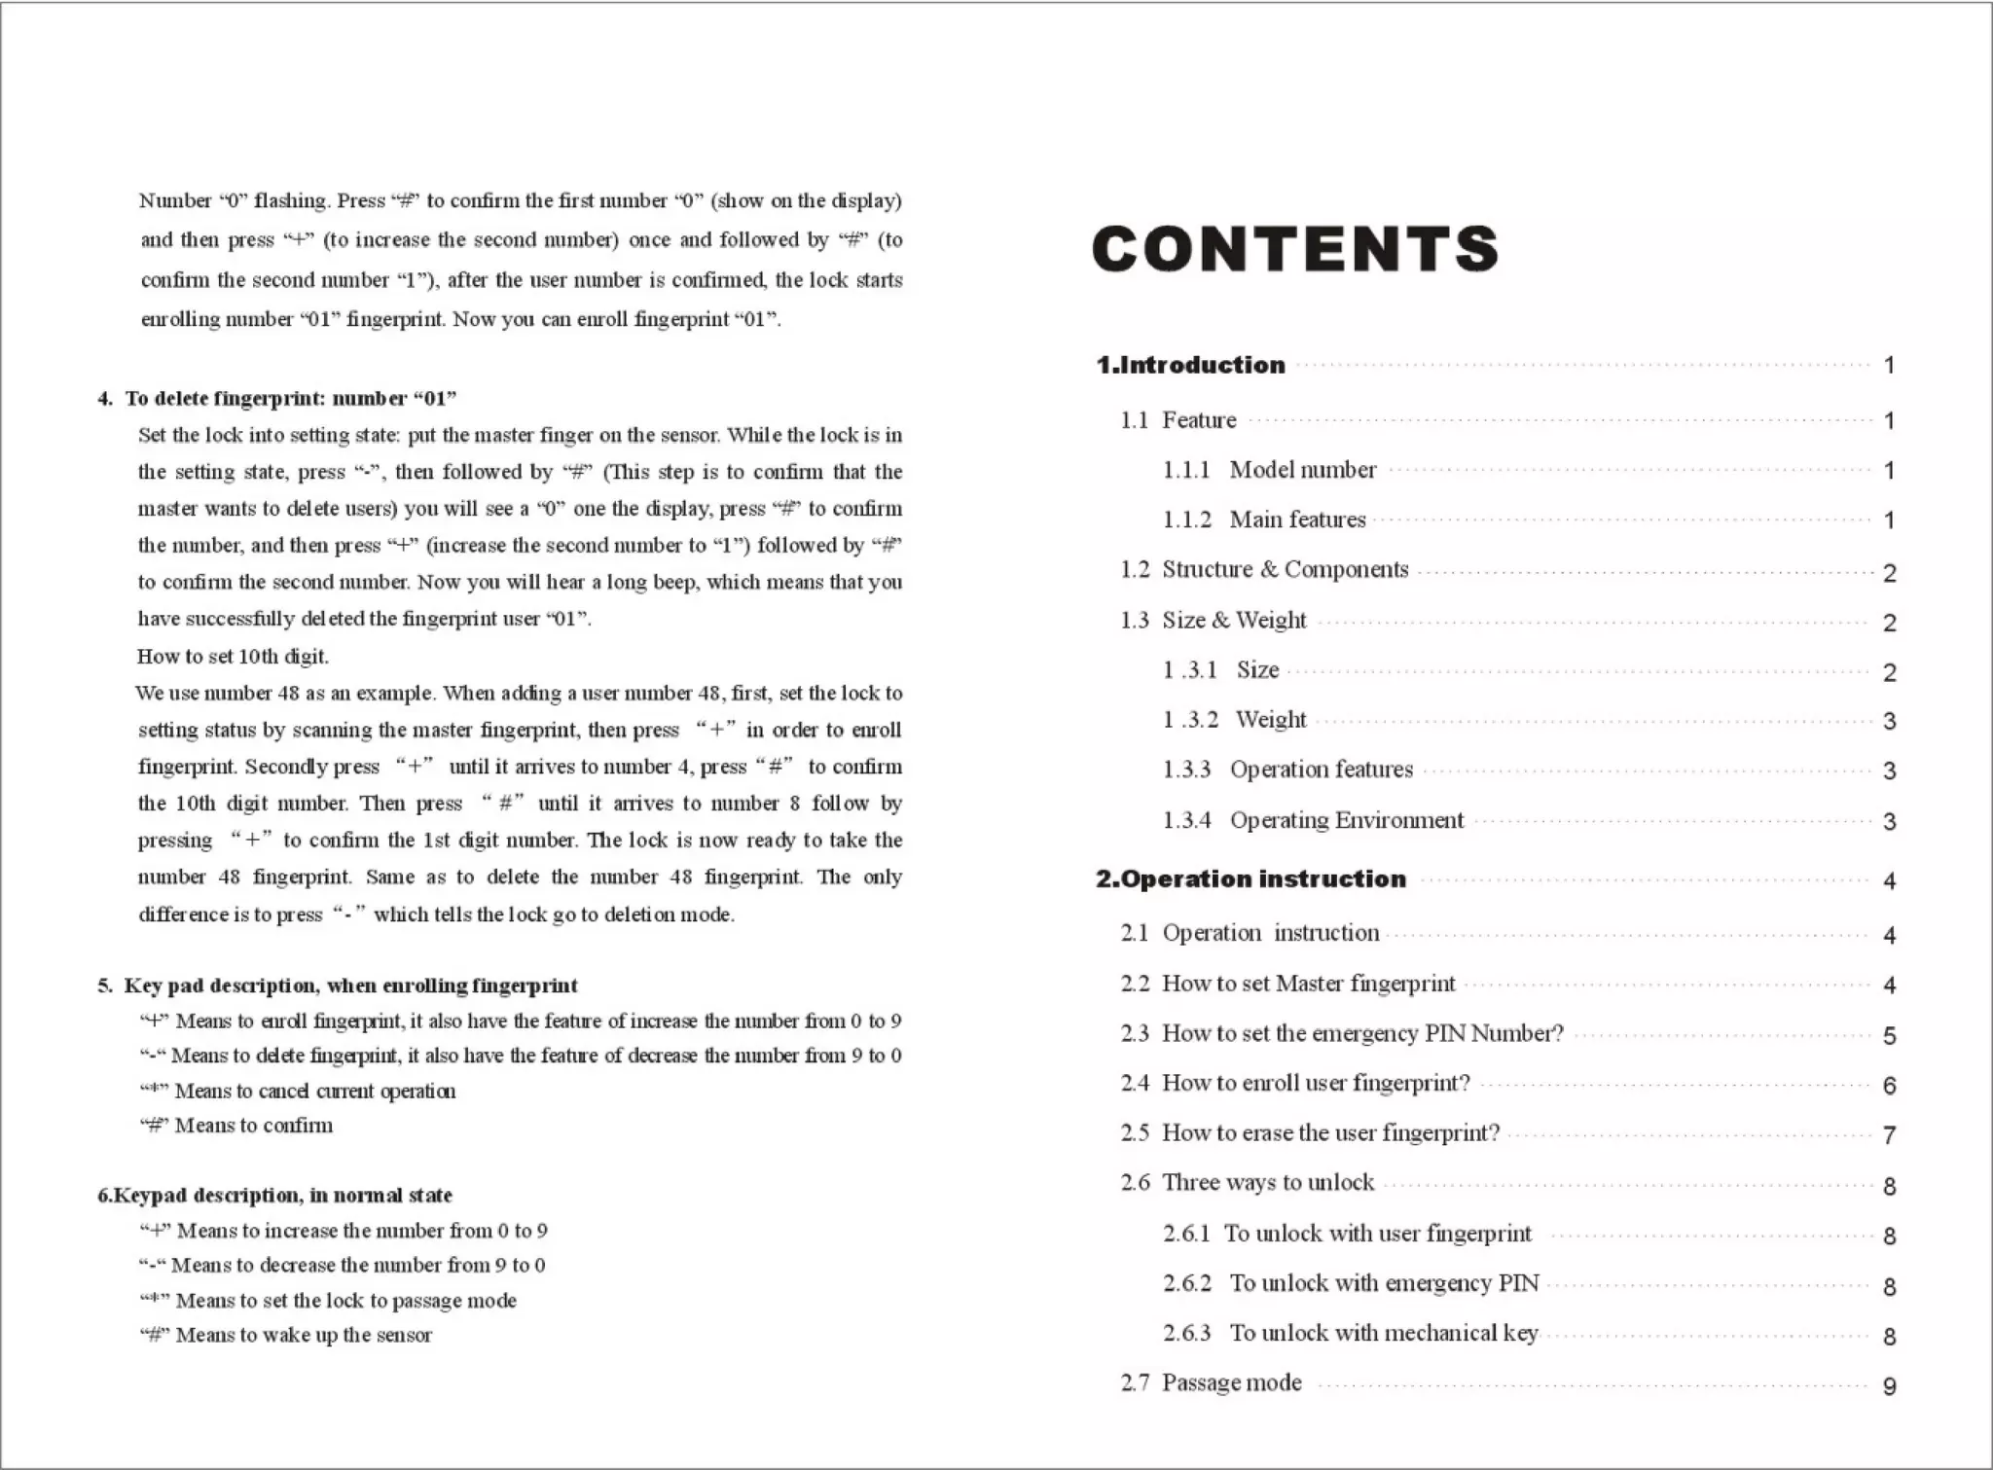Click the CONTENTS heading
[x=1295, y=249]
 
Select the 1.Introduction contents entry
[x=1190, y=366]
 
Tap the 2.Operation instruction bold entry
[x=1250, y=879]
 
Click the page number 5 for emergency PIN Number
[x=1889, y=1036]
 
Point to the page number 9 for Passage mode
[x=1889, y=1386]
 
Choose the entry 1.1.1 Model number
[x=1270, y=470]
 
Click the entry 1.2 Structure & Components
[x=1264, y=570]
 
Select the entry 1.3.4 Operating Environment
[x=1313, y=821]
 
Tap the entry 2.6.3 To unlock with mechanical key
[x=1350, y=1334]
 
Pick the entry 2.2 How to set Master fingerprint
[x=1287, y=985]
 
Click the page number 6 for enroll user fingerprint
[x=1889, y=1086]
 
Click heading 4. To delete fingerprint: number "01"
[x=277, y=399]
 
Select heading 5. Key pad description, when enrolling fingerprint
[x=338, y=986]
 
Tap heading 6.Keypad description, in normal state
[x=274, y=1196]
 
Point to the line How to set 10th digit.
[x=233, y=657]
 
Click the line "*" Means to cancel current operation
[x=297, y=1092]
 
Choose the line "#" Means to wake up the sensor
[x=285, y=1336]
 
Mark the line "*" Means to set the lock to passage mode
[x=327, y=1301]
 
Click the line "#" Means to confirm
[x=236, y=1126]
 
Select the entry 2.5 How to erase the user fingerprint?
[x=1310, y=1133]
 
